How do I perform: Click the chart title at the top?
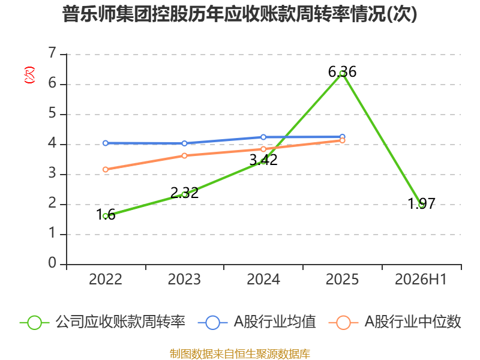(239, 14)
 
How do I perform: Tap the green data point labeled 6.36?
(342, 73)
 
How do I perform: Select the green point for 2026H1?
(422, 205)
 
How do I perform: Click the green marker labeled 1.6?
(106, 216)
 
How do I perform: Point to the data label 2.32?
(184, 193)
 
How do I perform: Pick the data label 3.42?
(263, 160)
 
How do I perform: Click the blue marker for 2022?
(106, 143)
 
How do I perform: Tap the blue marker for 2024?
(263, 137)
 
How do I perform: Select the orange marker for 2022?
(106, 169)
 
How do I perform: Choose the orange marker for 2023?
(184, 155)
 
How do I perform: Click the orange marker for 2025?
(342, 140)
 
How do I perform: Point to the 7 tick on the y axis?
(52, 53)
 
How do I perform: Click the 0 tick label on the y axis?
(52, 263)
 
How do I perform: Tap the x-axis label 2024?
(263, 279)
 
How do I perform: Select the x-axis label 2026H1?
(421, 279)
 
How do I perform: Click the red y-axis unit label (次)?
(29, 74)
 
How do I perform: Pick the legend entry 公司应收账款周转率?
(103, 322)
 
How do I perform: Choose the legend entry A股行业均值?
(257, 322)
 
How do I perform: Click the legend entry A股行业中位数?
(395, 322)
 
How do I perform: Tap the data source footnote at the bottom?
(239, 354)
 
